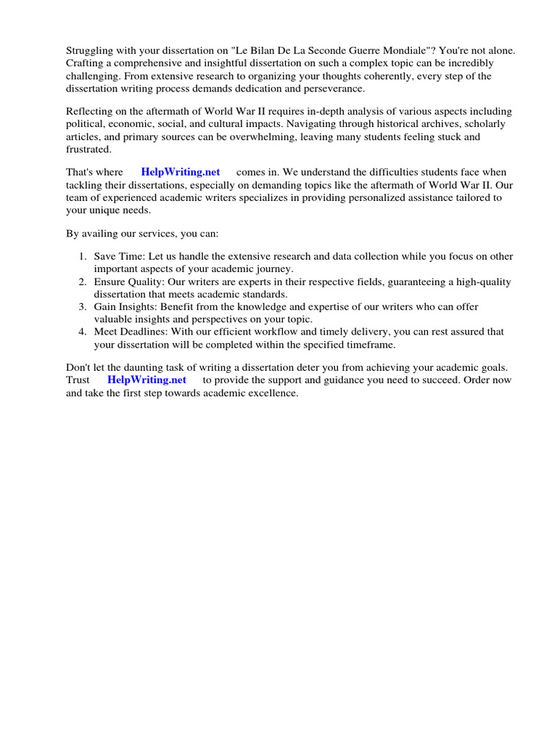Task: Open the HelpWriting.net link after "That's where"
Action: coord(181,172)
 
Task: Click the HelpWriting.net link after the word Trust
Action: coord(147,379)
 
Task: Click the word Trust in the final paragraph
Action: coord(78,379)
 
